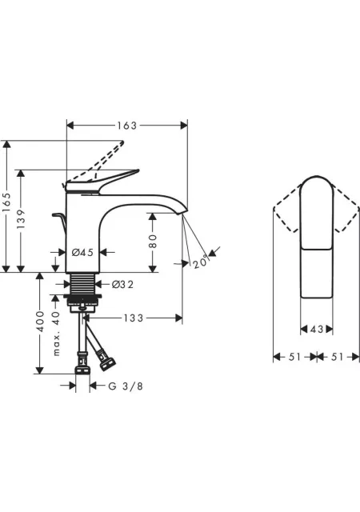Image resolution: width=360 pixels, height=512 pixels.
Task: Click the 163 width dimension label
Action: [126, 126]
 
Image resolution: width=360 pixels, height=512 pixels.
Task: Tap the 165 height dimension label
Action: [6, 202]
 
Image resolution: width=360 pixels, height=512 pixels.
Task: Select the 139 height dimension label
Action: [21, 218]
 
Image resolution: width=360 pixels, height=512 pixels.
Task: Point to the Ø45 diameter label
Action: [82, 252]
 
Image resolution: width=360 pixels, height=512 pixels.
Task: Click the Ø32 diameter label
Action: [122, 285]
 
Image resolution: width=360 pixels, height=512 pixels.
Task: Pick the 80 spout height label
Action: [153, 241]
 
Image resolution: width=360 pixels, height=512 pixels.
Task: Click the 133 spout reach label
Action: [134, 318]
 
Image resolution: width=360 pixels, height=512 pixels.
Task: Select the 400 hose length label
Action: [39, 322]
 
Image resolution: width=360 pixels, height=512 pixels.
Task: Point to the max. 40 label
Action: [56, 333]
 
